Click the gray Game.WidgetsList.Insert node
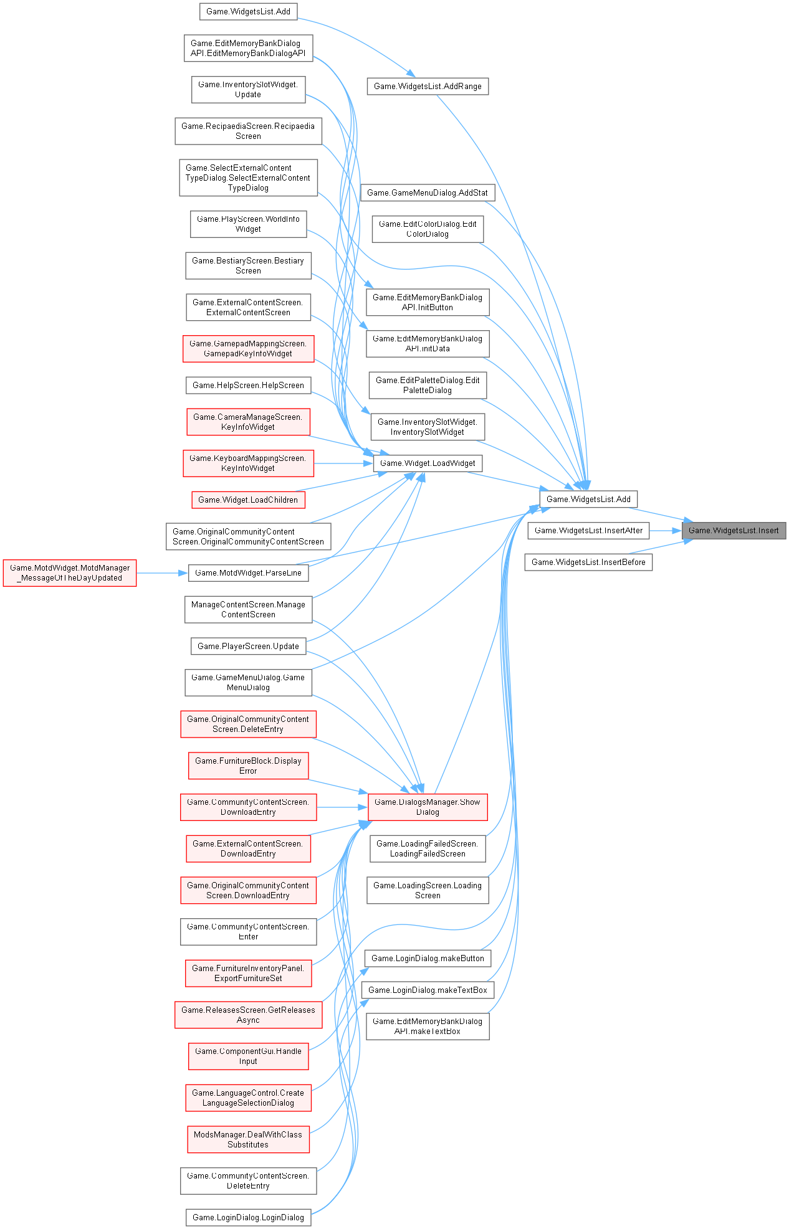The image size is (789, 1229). point(734,531)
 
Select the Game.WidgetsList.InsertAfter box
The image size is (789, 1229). point(588,531)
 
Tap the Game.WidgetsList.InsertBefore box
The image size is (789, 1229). point(588,562)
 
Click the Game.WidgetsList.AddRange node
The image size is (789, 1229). point(428,87)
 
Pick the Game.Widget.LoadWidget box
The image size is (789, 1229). point(428,463)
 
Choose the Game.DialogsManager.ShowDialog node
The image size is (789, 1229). point(428,807)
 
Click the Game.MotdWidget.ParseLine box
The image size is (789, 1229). point(248,573)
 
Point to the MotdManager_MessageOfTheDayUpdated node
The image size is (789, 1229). point(70,573)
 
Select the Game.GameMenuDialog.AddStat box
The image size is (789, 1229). point(428,193)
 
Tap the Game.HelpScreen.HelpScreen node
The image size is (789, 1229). point(248,386)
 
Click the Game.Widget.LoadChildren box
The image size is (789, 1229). point(248,500)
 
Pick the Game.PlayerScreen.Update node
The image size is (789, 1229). point(248,647)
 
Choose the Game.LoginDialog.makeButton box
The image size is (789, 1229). point(428,959)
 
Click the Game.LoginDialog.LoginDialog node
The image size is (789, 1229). point(248,1218)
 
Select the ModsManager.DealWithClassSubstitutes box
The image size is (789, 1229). point(248,1140)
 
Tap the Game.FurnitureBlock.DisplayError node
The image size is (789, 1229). point(248,766)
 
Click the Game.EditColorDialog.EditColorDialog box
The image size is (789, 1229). point(428,229)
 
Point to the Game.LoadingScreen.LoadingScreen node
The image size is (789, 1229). point(428,891)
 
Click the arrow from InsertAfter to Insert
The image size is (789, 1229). point(666,531)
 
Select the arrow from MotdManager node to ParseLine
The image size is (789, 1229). point(162,573)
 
